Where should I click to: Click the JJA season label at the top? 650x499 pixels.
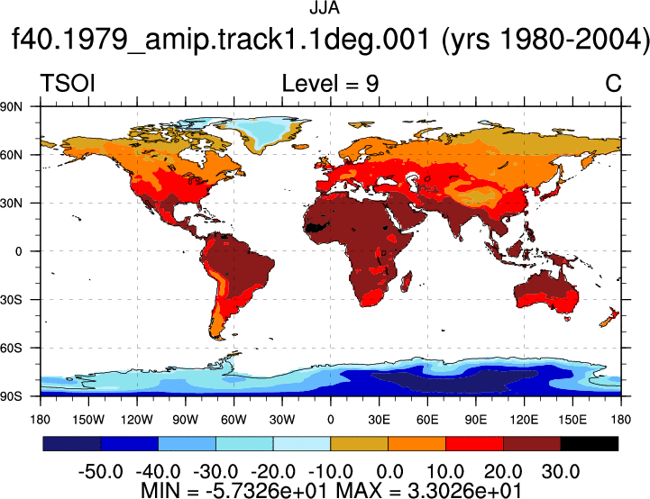coord(325,8)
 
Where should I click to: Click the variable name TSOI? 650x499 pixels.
coord(68,83)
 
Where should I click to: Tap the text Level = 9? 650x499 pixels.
coord(330,83)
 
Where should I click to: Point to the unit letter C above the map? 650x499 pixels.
coord(613,83)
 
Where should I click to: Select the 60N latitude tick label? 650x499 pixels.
coord(11,155)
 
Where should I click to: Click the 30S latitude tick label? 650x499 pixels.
coord(11,299)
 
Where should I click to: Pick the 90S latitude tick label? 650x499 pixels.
coord(11,396)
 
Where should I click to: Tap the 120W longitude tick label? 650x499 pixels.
coord(137,420)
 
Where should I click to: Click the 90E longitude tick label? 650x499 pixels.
coord(475,420)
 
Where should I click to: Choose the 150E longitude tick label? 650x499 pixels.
coord(572,420)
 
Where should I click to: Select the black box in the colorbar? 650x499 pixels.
coord(590,443)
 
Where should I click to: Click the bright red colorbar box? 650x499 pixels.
coord(474,443)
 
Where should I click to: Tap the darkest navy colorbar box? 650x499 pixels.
coord(72,443)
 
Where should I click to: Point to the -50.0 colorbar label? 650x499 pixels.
coord(101,472)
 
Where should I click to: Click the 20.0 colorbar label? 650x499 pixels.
coord(503,472)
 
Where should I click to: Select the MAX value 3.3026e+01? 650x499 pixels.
coord(464,490)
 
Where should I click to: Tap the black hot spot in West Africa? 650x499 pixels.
coord(316,227)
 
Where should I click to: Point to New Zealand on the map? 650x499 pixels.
coord(609,317)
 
